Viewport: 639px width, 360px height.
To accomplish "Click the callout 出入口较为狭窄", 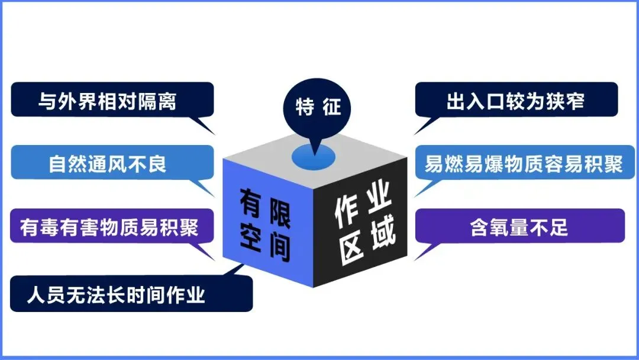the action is [x=516, y=100].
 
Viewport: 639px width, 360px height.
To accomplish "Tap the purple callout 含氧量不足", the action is [x=519, y=226].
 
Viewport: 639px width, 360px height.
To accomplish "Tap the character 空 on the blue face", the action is [x=251, y=236].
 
